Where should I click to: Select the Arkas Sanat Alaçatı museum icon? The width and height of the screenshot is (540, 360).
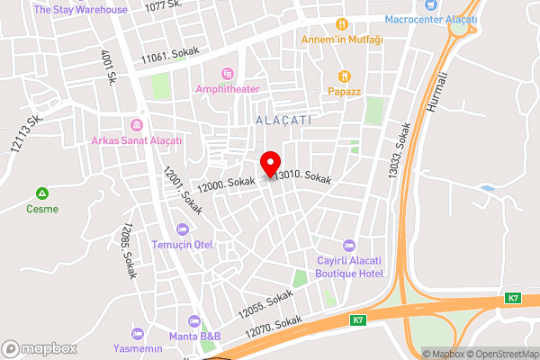[x=137, y=124]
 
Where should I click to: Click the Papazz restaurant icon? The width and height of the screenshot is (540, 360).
[x=344, y=76]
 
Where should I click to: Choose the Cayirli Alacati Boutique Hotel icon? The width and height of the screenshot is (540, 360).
[x=350, y=246]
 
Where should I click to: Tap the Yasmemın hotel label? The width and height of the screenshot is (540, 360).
[x=138, y=348]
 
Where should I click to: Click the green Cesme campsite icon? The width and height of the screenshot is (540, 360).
[x=42, y=193]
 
